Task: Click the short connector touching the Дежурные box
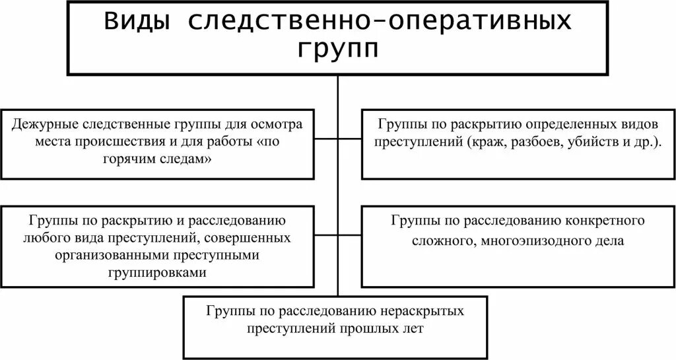point(326,139)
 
